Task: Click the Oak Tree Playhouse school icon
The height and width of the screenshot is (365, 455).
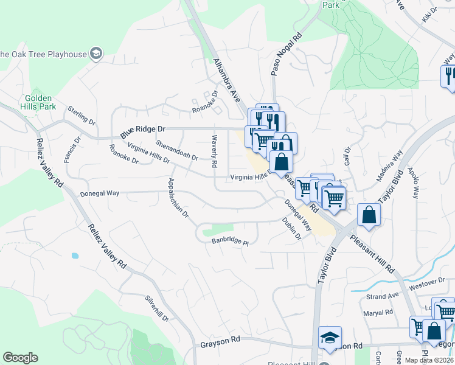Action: pyautogui.click(x=96, y=54)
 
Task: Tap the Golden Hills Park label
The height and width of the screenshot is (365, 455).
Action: pyautogui.click(x=41, y=102)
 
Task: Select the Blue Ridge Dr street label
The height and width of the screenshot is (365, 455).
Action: pyautogui.click(x=143, y=130)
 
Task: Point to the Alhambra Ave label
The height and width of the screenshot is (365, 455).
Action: pyautogui.click(x=227, y=78)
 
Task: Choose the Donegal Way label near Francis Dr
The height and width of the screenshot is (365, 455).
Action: pyautogui.click(x=99, y=193)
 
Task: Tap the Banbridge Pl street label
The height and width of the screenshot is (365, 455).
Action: pyautogui.click(x=231, y=242)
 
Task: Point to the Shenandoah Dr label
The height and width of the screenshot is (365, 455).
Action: pyautogui.click(x=176, y=150)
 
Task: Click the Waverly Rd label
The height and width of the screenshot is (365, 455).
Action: pyautogui.click(x=214, y=151)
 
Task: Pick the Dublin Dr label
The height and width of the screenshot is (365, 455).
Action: pyautogui.click(x=292, y=229)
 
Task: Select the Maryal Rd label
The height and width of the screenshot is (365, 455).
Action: pyautogui.click(x=378, y=313)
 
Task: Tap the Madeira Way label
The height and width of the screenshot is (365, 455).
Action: pyautogui.click(x=389, y=166)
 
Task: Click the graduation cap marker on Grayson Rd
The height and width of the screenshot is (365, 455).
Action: pyautogui.click(x=330, y=338)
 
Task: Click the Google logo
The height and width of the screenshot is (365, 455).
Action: pyautogui.click(x=20, y=358)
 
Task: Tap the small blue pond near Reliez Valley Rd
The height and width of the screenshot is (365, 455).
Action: pyautogui.click(x=75, y=255)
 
